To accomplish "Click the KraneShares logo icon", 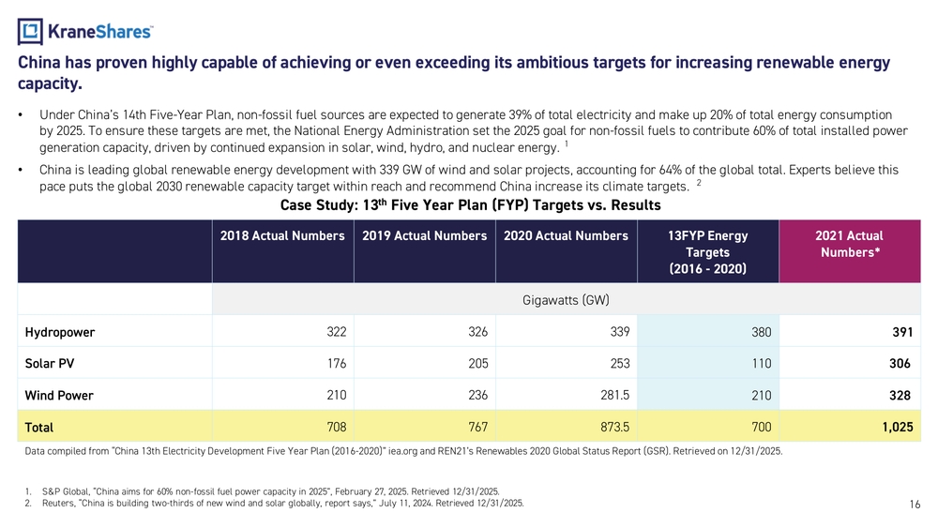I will coord(30,32).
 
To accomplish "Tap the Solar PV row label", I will coord(50,364).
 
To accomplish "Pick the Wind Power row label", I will coord(59,396).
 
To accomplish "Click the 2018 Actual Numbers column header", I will coord(282,236).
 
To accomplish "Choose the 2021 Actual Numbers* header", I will coord(851,244).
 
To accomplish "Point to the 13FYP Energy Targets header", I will coord(708,251).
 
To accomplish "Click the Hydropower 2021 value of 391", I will coord(903,332).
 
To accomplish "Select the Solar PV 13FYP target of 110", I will coord(761,364).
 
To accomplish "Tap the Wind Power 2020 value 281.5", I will coord(610,395).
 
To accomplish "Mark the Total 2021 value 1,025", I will coord(895,427).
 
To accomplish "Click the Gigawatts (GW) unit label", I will coord(566,301).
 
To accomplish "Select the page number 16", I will coord(914,505).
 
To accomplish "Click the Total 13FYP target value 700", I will coord(761,427).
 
